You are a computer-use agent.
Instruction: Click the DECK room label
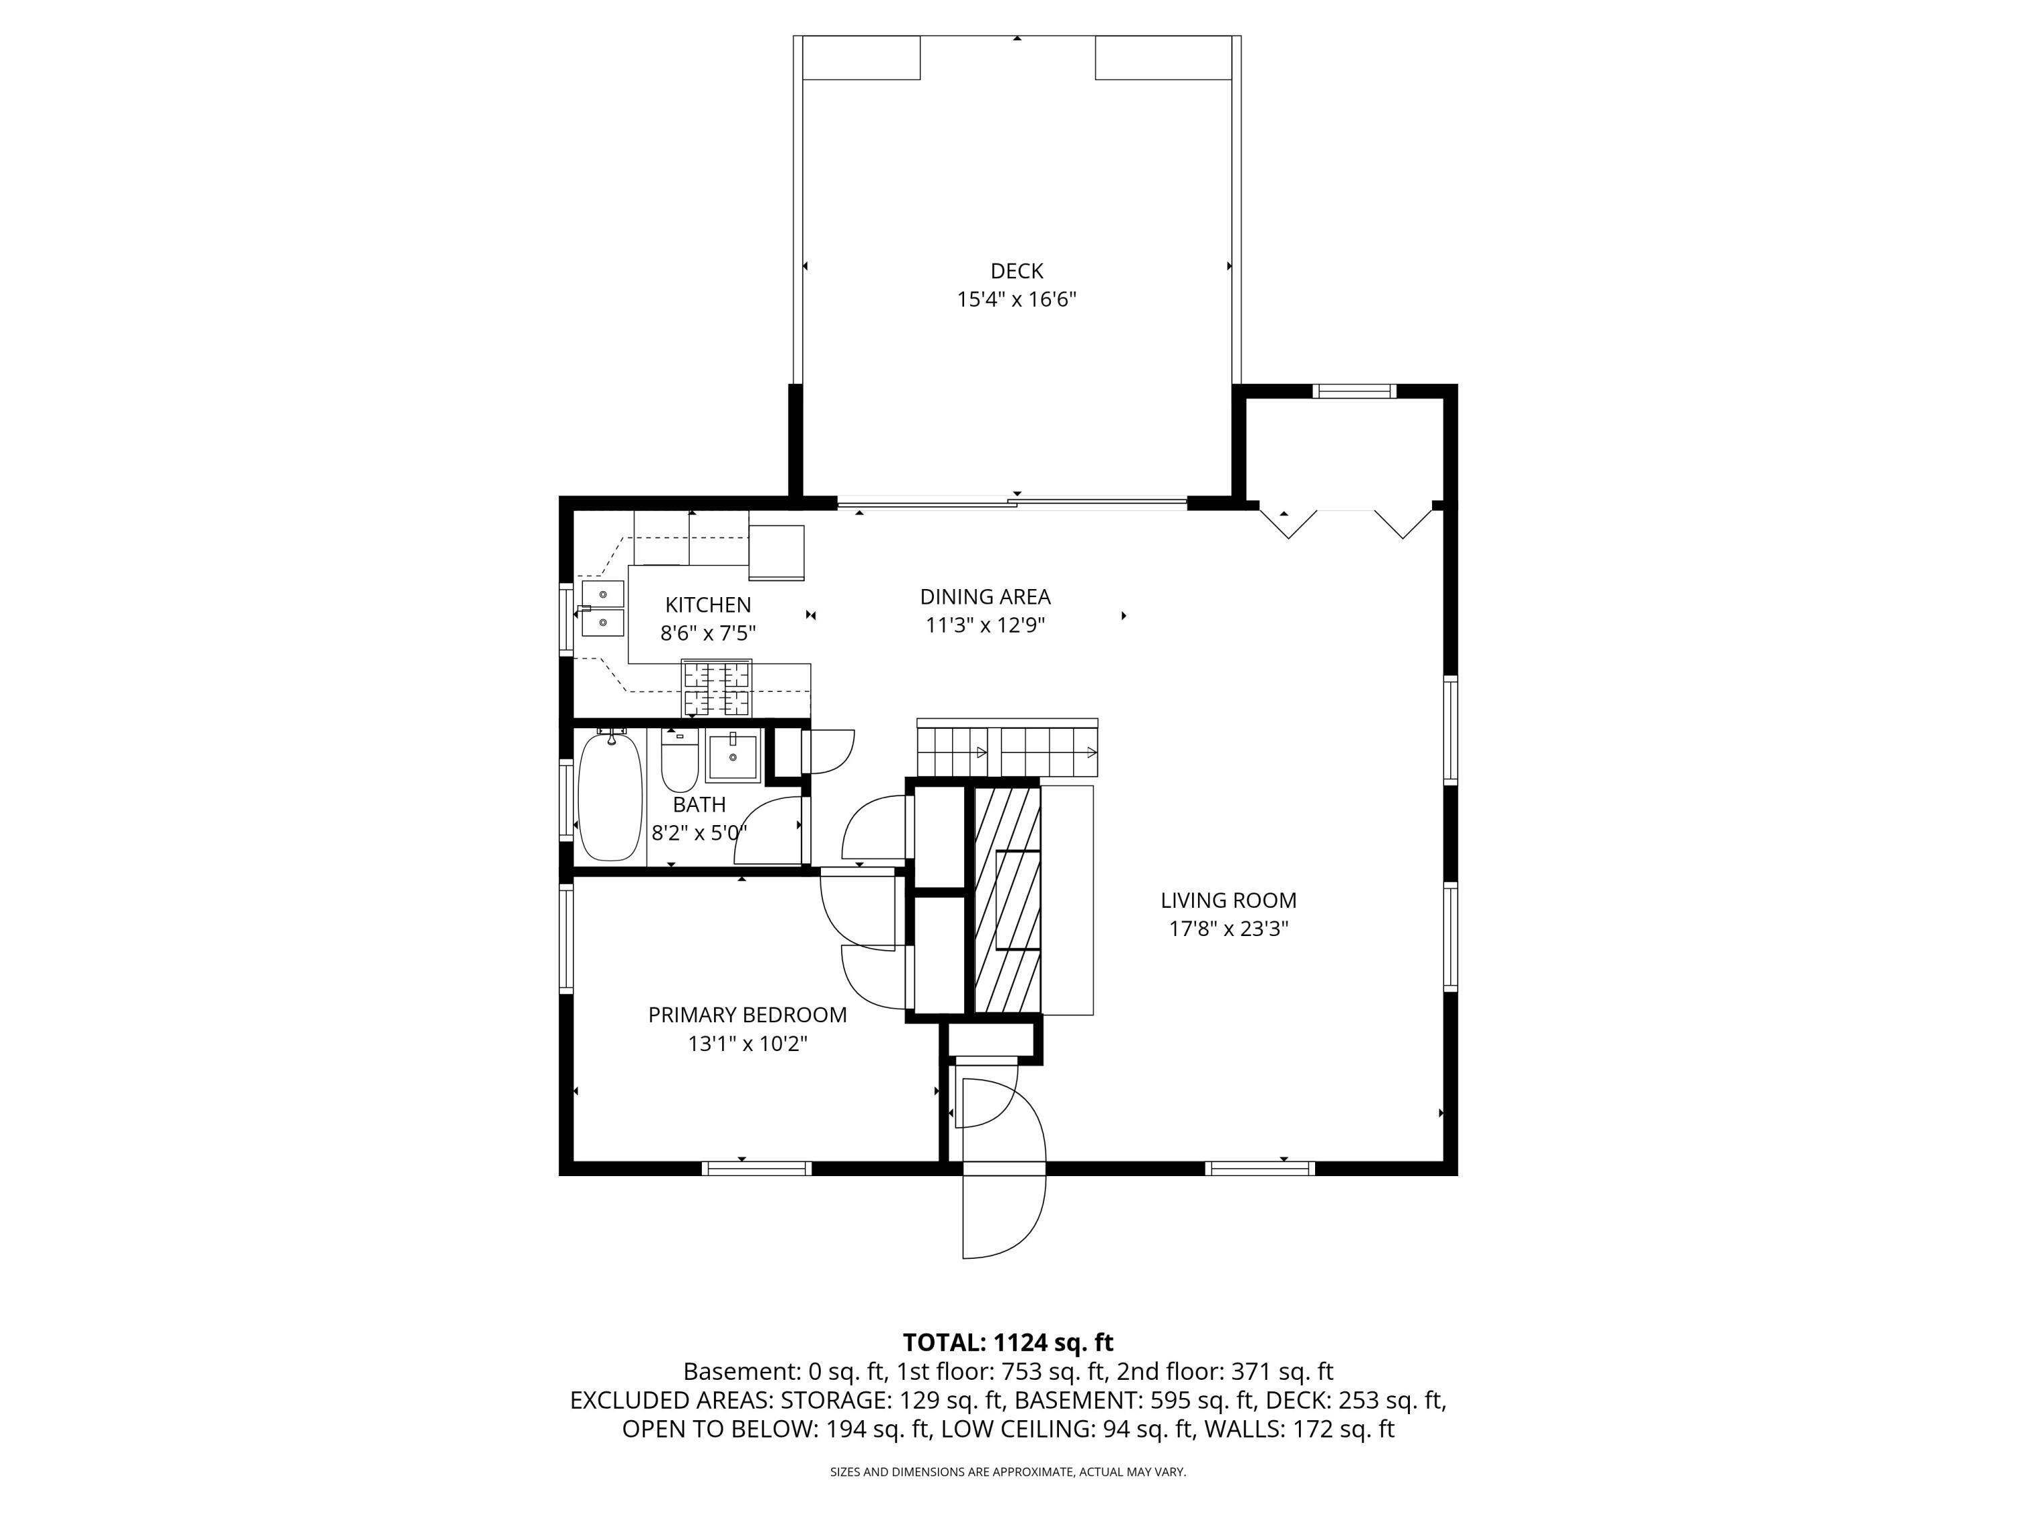click(1016, 271)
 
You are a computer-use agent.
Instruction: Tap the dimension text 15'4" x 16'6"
click(1016, 299)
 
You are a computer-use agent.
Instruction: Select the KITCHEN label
click(707, 605)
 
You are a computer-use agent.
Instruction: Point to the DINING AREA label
click(985, 596)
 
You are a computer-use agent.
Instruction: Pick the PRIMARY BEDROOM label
click(747, 1015)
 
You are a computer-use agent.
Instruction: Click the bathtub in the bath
click(610, 796)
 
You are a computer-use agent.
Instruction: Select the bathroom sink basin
click(732, 758)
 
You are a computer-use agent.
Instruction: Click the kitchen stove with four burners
click(717, 688)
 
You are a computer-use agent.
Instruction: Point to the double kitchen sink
click(602, 609)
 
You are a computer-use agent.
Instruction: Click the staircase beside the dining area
click(1006, 748)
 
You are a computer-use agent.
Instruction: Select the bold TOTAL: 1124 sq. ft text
click(1008, 1342)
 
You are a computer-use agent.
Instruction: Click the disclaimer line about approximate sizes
click(1008, 1472)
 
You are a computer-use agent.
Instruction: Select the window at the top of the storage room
click(1353, 391)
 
